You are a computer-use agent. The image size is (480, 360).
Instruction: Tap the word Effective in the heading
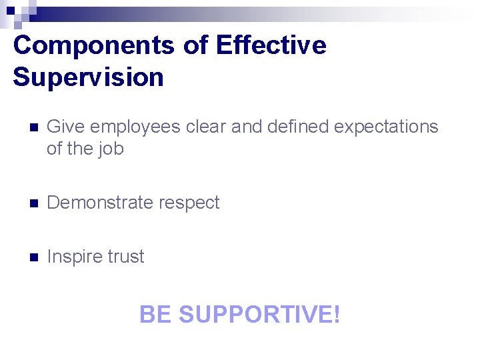[x=271, y=46]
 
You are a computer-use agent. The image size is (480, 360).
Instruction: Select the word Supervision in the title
[x=88, y=77]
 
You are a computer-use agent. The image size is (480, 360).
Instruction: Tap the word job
[x=110, y=149]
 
